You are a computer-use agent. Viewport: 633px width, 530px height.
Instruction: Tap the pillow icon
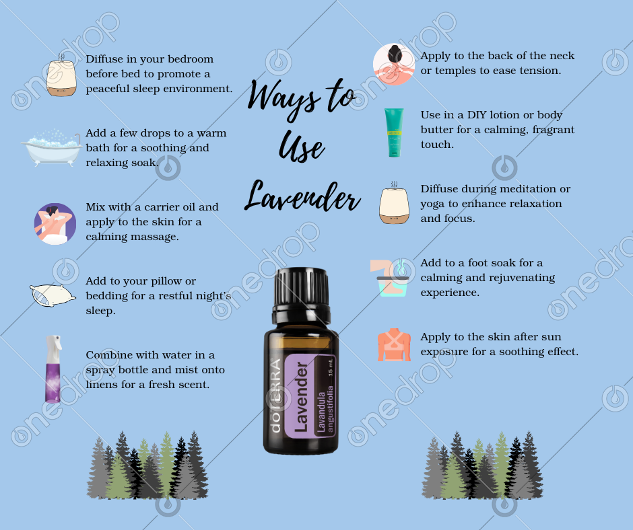(53, 295)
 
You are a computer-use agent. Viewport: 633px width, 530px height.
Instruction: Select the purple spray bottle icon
(53, 369)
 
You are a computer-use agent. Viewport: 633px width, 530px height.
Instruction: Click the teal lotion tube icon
(394, 132)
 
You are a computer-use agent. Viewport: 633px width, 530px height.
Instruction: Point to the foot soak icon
(390, 278)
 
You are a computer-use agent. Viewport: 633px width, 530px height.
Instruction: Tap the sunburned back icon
(394, 345)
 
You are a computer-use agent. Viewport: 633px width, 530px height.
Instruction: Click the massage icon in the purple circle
(55, 224)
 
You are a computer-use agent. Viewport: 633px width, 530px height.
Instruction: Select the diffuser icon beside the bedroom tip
(61, 77)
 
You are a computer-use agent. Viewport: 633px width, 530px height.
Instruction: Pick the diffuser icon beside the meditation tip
(394, 204)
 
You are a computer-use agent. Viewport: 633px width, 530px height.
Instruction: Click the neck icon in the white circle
(394, 64)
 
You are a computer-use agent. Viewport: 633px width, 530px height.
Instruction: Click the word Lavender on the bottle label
(302, 397)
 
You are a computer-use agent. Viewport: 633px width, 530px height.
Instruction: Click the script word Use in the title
(302, 147)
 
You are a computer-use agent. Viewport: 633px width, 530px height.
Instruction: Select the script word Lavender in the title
(302, 196)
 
